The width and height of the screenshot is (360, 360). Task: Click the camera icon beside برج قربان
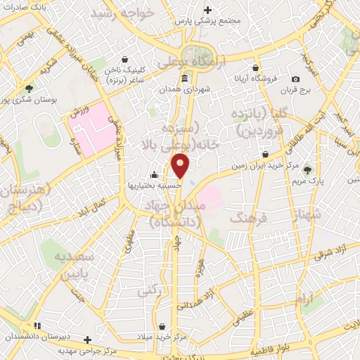pyautogui.click(x=295, y=79)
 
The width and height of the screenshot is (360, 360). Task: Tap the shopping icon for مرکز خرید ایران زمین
pyautogui.click(x=265, y=155)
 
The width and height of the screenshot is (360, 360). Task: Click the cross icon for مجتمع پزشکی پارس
pyautogui.click(x=207, y=10)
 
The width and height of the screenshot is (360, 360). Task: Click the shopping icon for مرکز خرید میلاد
pyautogui.click(x=163, y=327)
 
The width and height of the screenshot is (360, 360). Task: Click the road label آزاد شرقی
pyautogui.click(x=330, y=255)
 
